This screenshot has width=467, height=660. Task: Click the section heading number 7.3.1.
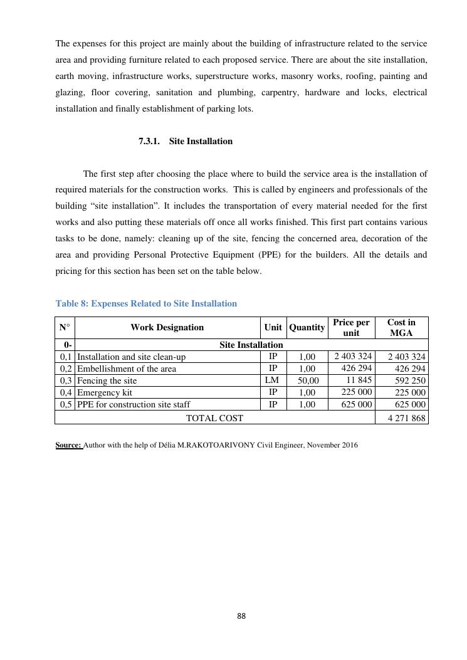[x=151, y=142]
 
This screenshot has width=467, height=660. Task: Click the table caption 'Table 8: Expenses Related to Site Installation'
[x=146, y=304]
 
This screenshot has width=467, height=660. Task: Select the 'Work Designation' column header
[x=167, y=327]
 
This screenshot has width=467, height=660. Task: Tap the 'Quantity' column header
[x=307, y=327]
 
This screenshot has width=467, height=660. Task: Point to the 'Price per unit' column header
[x=351, y=327]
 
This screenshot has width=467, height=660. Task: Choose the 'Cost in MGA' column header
[x=401, y=327]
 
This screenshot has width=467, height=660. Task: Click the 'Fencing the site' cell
[x=107, y=380]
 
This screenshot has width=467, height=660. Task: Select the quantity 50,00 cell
[x=307, y=381]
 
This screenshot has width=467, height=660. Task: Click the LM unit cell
[x=273, y=380]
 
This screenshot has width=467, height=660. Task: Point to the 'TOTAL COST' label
[x=214, y=417]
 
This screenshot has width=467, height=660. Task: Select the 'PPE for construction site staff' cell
[x=133, y=404]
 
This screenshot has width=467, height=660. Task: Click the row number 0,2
[x=65, y=369]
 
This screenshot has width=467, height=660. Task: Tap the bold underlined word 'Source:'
[x=69, y=446]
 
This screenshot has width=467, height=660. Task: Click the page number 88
[x=241, y=616]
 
